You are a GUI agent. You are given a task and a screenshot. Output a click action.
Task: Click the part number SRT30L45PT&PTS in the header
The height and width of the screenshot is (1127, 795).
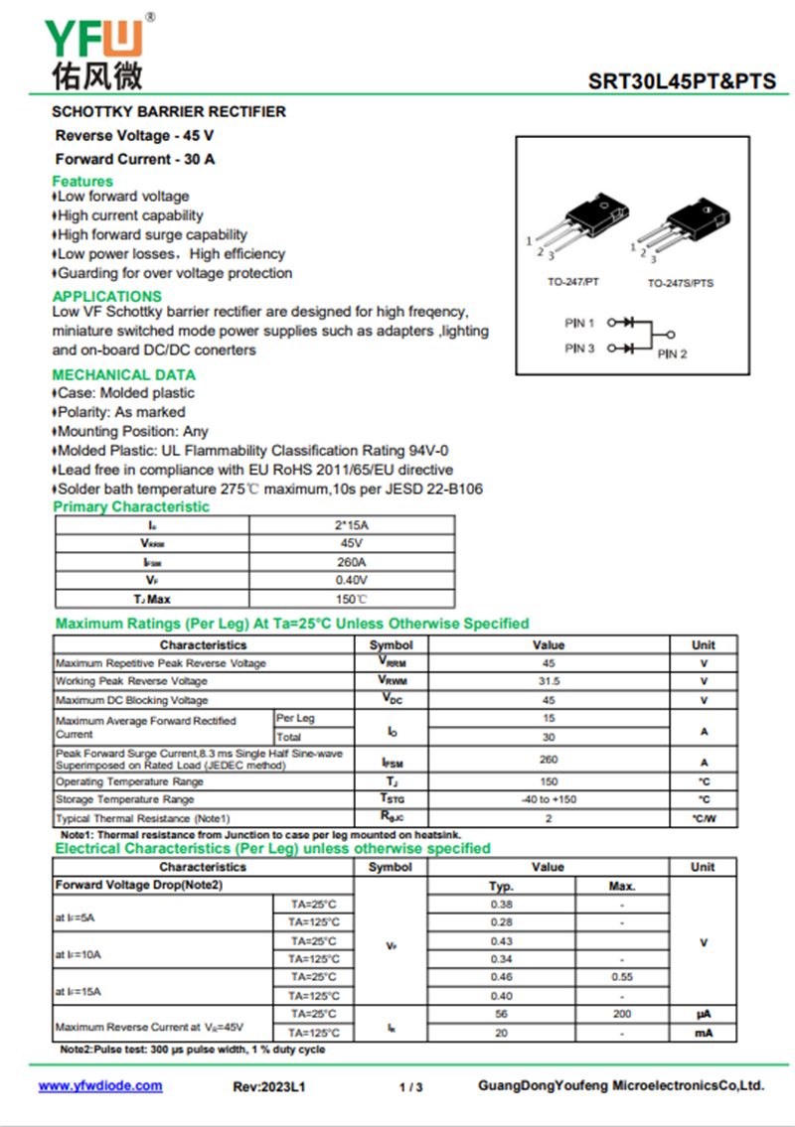(682, 81)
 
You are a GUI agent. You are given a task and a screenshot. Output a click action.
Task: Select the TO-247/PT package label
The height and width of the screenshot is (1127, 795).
(573, 283)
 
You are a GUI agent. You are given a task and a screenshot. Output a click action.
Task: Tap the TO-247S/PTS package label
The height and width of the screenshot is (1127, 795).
(681, 283)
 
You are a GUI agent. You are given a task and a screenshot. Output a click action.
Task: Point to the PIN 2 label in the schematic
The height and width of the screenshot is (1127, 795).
(672, 353)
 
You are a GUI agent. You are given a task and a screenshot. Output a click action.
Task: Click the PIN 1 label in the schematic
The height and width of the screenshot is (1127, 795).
(579, 323)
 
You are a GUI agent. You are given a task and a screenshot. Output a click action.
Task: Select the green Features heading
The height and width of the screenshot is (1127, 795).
(82, 181)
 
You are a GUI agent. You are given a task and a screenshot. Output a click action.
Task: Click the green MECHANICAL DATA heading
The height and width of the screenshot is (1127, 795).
(123, 374)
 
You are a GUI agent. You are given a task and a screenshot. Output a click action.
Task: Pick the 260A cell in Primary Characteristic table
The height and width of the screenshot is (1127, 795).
(351, 562)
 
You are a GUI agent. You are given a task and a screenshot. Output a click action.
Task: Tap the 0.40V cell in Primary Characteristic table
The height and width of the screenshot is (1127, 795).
(351, 580)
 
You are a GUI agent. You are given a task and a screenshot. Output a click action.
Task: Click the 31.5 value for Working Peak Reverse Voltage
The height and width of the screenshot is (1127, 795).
(549, 681)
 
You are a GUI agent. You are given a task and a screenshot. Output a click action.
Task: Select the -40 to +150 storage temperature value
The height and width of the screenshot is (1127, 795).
(549, 799)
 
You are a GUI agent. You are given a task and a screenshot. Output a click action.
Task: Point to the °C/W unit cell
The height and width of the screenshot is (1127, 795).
(703, 819)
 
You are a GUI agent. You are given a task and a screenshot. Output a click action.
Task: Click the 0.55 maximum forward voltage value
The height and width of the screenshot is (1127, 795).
(621, 977)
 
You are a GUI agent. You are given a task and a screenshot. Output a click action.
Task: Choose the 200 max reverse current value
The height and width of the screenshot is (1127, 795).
(621, 1014)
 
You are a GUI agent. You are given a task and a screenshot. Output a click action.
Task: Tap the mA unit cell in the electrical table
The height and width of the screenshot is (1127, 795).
(703, 1033)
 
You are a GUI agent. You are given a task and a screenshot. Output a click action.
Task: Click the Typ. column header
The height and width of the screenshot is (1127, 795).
(501, 886)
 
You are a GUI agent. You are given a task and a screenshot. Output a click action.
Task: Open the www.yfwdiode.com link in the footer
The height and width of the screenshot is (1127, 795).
(100, 1086)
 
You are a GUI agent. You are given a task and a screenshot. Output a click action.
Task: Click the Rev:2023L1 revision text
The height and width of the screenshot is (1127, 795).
(269, 1087)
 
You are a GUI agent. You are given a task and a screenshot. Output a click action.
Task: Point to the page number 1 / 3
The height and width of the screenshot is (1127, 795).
(410, 1087)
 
